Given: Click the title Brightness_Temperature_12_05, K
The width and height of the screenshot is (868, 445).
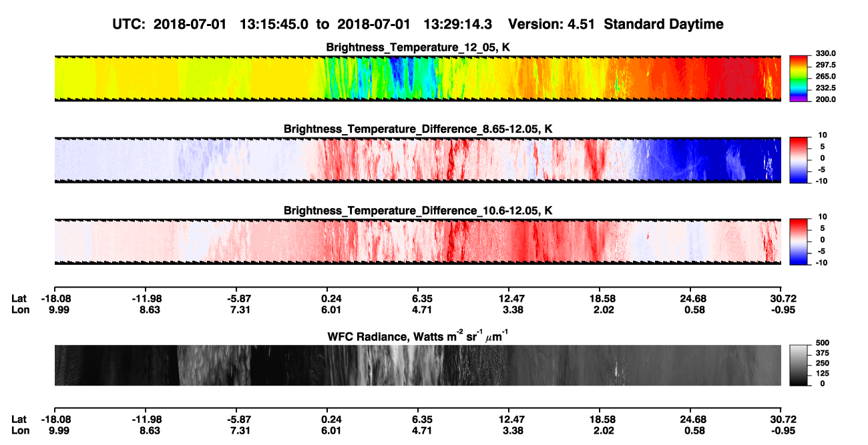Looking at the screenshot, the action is (x=418, y=47).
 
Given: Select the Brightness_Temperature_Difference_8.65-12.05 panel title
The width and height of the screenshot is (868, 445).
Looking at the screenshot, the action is (x=418, y=129).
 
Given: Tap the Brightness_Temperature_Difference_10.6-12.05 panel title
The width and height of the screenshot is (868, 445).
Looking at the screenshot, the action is (x=418, y=211).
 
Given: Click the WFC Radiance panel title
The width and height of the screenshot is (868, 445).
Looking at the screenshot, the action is (x=418, y=336).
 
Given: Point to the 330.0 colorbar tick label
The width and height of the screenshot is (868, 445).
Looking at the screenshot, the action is (x=825, y=53).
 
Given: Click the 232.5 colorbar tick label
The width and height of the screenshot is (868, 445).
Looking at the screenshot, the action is (x=825, y=88).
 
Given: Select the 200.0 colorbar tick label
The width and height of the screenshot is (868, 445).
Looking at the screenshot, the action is (x=825, y=99).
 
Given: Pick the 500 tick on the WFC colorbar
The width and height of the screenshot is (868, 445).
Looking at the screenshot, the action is (x=823, y=343).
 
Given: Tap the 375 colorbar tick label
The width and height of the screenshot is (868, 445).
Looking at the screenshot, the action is (x=823, y=353).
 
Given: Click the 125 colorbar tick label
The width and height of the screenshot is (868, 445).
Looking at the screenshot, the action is (x=823, y=374).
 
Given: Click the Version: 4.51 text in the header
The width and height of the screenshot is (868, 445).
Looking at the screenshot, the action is (x=551, y=24).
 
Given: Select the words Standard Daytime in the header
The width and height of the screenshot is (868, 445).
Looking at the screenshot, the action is (x=664, y=24).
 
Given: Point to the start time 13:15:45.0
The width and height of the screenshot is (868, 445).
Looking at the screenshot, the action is (x=274, y=24).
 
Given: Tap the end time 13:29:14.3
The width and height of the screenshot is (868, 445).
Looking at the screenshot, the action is (x=457, y=24).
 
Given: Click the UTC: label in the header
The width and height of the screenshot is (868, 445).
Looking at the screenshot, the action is (x=129, y=24).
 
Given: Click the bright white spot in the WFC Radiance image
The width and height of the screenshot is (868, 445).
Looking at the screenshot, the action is (x=616, y=369).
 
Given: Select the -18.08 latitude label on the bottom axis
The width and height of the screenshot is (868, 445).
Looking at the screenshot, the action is (x=56, y=420).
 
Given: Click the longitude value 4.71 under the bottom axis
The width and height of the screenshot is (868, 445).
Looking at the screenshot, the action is (x=421, y=431).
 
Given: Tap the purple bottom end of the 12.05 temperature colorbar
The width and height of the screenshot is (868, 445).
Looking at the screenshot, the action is (x=799, y=100).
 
